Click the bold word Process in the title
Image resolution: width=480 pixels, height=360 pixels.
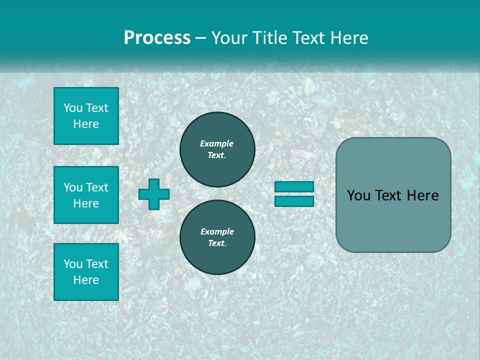click(157, 38)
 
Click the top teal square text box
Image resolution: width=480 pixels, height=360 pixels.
click(86, 116)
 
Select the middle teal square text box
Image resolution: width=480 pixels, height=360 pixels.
click(86, 195)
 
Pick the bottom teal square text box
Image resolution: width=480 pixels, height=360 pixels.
click(86, 272)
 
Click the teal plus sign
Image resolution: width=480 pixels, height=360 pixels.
click(154, 194)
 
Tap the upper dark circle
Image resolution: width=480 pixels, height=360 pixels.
click(217, 149)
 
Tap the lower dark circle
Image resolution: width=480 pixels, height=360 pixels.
click(217, 237)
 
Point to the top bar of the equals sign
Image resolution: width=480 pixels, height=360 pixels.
click(294, 186)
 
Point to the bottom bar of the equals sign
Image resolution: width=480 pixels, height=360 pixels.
click(294, 201)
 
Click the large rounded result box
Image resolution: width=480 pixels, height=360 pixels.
click(393, 220)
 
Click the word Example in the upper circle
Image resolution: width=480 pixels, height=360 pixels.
click(217, 143)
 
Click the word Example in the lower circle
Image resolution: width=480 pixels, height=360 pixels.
click(217, 231)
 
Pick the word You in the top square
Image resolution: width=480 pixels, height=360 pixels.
click(73, 108)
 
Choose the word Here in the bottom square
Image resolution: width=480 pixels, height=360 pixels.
click(86, 280)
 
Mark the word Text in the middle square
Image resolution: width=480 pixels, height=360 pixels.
click(97, 187)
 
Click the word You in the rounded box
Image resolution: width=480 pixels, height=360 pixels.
click(358, 195)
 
